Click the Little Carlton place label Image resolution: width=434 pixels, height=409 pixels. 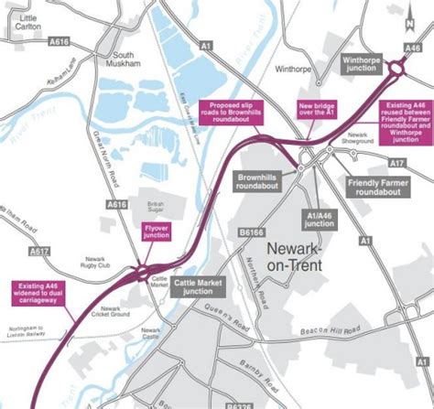(x=27, y=23)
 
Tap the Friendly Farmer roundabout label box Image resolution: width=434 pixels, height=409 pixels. (x=376, y=188)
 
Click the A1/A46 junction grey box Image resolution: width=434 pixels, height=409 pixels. (x=320, y=218)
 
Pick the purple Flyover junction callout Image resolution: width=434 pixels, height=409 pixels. (x=157, y=231)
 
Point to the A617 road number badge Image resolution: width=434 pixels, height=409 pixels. (x=39, y=250)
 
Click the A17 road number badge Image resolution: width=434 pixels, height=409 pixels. (x=396, y=163)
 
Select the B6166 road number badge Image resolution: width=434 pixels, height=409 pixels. (x=253, y=234)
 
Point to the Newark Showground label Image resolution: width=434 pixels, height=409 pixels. (x=356, y=139)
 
